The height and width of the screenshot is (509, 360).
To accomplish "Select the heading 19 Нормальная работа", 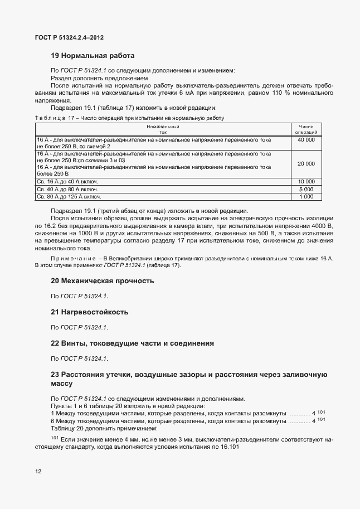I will (93, 56).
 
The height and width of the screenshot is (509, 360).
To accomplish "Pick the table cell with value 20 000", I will (306, 163).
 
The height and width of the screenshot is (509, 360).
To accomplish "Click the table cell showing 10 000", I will (306, 182).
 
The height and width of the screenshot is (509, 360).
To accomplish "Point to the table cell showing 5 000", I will (306, 189).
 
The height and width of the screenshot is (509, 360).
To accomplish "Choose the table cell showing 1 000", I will (306, 196).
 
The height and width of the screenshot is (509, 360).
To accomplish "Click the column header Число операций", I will (306, 129).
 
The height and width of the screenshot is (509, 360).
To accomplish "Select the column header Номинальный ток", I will (163, 129).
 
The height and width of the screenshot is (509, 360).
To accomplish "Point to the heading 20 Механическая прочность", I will (102, 280).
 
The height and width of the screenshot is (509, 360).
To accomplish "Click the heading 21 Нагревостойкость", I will (90, 311).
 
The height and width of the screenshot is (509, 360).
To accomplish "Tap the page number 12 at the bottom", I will (38, 471).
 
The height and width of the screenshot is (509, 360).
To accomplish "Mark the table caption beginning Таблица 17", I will (129, 118).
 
